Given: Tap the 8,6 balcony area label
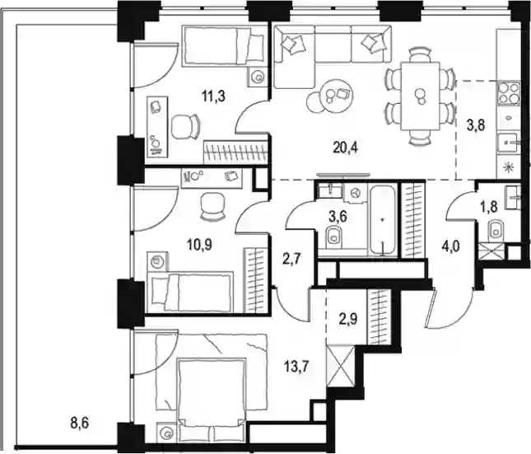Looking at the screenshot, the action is (x=80, y=423).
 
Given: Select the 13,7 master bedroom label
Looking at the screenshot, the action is (x=297, y=367).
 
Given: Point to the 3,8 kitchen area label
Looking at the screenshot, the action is (x=476, y=125).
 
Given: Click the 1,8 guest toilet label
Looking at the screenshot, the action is (x=488, y=207).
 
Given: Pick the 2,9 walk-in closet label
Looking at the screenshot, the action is (x=348, y=319).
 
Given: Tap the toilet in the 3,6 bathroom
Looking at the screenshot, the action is (x=334, y=236).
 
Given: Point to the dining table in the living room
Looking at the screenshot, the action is (x=420, y=96).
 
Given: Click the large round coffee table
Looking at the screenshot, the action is (x=336, y=93).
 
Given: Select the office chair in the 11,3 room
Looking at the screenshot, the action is (x=185, y=126).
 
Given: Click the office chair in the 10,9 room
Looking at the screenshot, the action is (x=212, y=207).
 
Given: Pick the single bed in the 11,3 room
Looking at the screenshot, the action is (x=223, y=45).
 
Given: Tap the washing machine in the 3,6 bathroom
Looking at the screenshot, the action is (x=356, y=194).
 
